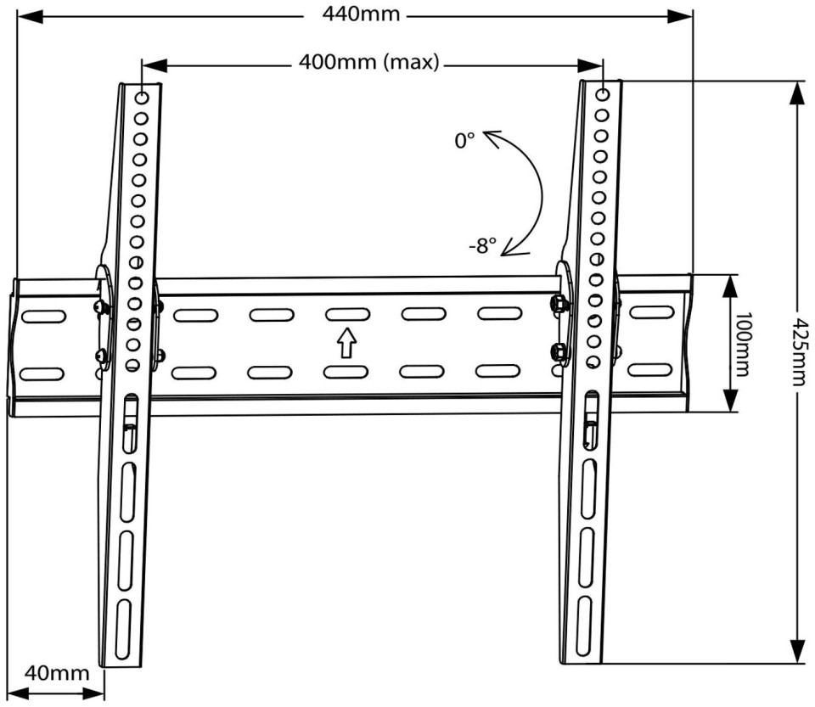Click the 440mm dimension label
(362, 14)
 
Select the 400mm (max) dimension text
(369, 62)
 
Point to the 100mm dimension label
(741, 344)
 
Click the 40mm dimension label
(57, 673)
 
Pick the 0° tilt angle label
(464, 141)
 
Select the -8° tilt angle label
(482, 245)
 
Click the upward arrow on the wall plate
(346, 343)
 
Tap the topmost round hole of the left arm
(142, 98)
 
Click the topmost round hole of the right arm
(603, 94)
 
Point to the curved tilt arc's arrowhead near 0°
(492, 137)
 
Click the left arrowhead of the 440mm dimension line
(30, 16)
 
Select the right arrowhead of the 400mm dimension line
(591, 65)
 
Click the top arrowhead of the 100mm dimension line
(730, 288)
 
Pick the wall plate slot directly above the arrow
(348, 314)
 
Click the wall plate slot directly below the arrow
(346, 372)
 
